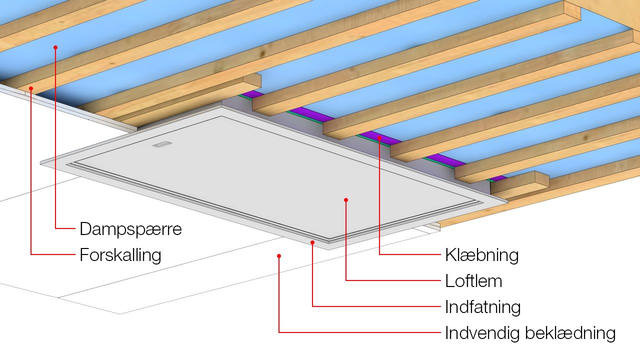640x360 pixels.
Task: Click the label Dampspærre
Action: pyautogui.click(x=130, y=229)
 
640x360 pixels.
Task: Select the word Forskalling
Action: pyautogui.click(x=120, y=255)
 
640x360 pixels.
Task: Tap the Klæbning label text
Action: pyautogui.click(x=481, y=255)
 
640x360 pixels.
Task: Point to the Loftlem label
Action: pyautogui.click(x=473, y=281)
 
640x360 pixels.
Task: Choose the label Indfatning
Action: pyautogui.click(x=482, y=306)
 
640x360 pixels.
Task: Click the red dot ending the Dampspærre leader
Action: pyautogui.click(x=55, y=47)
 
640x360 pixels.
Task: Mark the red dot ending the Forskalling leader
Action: pyautogui.click(x=31, y=88)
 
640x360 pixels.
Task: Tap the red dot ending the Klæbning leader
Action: pyautogui.click(x=379, y=137)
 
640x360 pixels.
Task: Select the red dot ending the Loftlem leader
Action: pyautogui.click(x=346, y=200)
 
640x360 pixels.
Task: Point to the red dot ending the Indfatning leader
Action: pyautogui.click(x=312, y=242)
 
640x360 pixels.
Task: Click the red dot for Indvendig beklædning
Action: pyautogui.click(x=279, y=256)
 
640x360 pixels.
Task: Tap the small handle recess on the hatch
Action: pyautogui.click(x=162, y=145)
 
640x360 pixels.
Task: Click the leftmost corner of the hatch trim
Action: pyautogui.click(x=41, y=162)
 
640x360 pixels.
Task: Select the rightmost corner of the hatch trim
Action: pyautogui.click(x=507, y=201)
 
